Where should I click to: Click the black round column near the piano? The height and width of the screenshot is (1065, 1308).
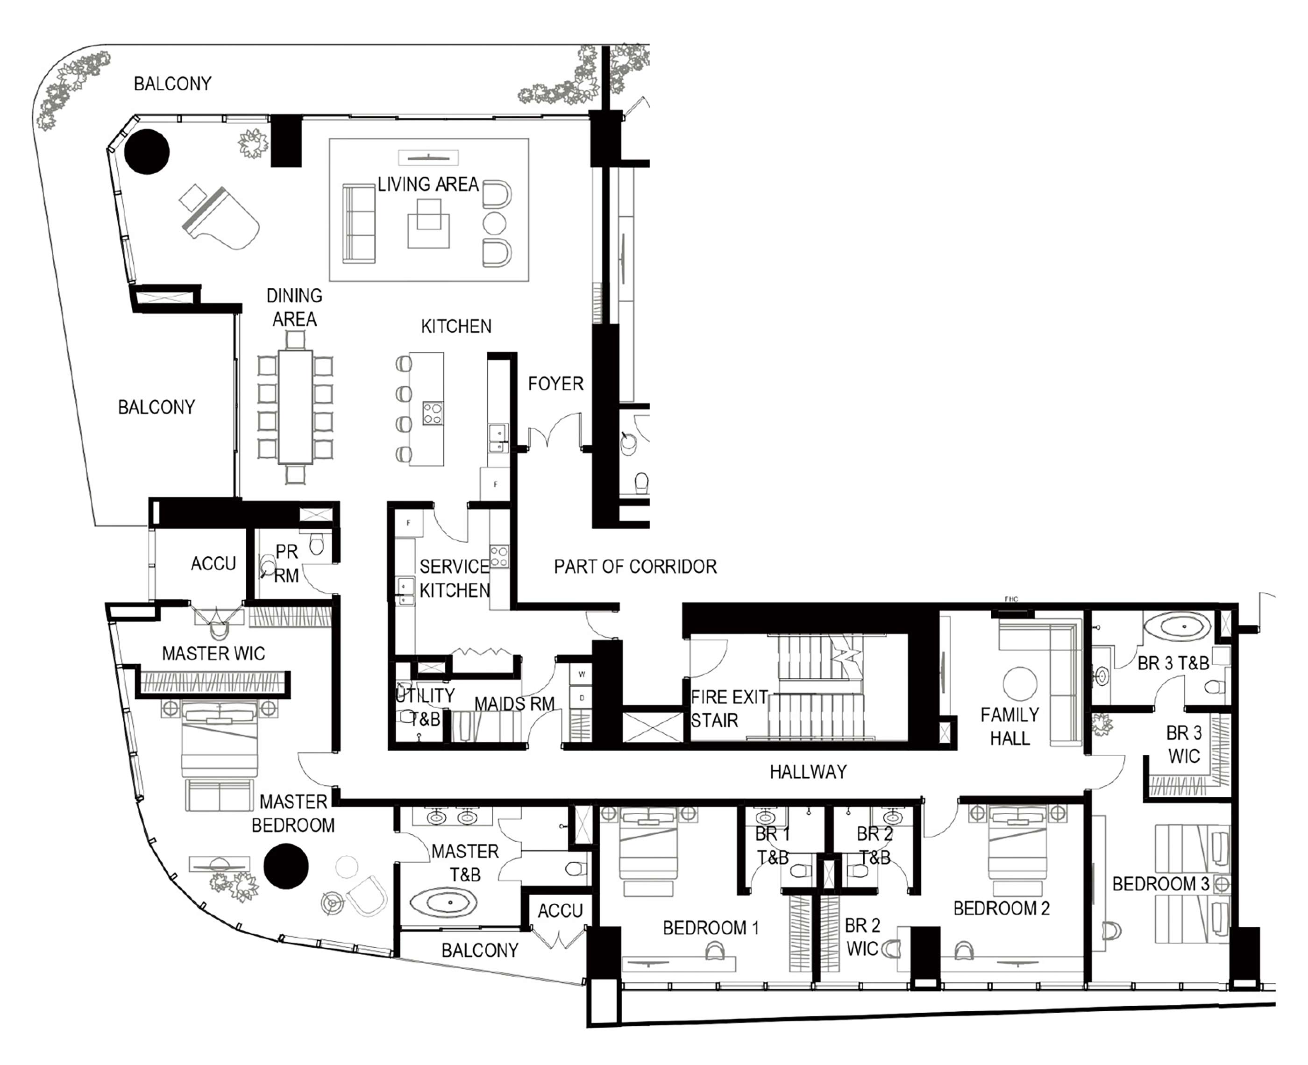147,151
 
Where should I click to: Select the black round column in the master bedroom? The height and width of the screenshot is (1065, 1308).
285,866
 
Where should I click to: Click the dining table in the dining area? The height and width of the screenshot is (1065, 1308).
295,407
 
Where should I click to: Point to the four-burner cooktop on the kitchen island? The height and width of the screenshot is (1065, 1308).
433,413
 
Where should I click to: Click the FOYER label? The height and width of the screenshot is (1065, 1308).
555,384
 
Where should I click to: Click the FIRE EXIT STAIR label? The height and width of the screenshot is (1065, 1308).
728,709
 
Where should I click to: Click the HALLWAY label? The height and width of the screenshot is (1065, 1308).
808,772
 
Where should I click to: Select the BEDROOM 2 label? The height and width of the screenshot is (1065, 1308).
1001,909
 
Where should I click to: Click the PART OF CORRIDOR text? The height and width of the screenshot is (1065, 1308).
635,566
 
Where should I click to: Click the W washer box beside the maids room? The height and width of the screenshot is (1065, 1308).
581,674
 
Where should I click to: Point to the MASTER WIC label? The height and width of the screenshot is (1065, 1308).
213,653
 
